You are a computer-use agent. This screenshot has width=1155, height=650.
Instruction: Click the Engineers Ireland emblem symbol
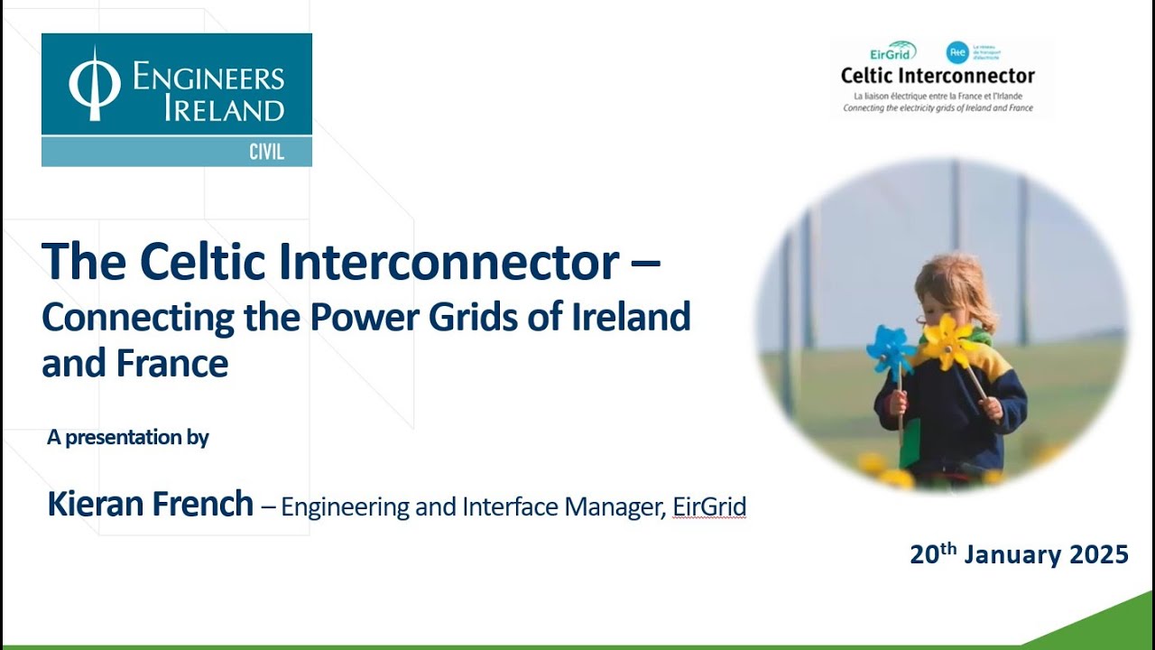tap(95, 84)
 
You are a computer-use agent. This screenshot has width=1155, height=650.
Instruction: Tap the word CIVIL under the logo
tap(266, 153)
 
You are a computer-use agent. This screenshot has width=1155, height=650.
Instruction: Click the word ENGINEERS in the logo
tap(208, 78)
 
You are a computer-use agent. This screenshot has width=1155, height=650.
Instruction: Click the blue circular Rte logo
tap(956, 52)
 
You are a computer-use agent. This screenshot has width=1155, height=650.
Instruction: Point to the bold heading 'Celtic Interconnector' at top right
tap(938, 76)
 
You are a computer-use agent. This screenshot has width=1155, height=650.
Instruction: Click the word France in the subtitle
tap(171, 364)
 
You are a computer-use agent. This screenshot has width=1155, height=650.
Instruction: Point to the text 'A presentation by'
tap(128, 438)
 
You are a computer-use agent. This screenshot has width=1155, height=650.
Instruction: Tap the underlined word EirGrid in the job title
tap(709, 507)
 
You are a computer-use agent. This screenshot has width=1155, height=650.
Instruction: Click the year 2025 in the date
tap(1098, 554)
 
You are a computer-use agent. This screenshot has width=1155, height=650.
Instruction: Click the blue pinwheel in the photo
tap(891, 349)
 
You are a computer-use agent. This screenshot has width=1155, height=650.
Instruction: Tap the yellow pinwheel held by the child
tap(946, 341)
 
